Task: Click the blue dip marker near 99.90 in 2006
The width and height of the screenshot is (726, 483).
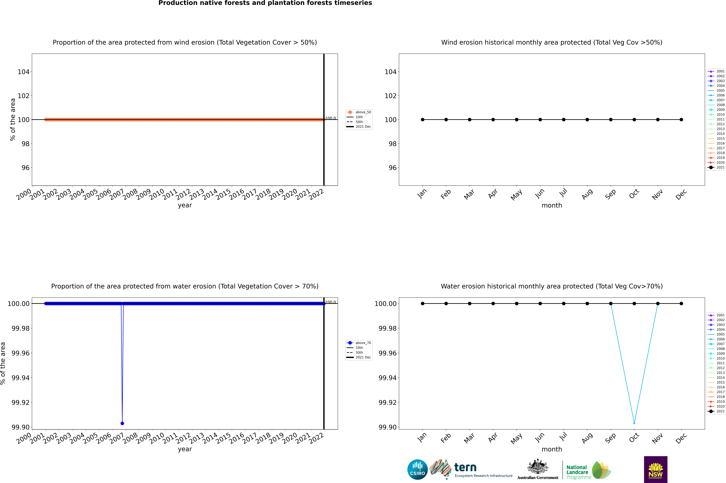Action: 122,423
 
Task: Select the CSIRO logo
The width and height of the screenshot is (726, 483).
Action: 417,469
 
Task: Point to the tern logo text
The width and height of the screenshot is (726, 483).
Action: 465,468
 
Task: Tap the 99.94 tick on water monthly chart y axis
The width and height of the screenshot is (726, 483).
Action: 387,378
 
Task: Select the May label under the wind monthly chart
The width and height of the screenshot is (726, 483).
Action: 516,195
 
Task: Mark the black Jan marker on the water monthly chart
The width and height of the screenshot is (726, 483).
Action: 423,303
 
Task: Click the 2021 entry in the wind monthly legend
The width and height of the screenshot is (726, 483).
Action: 716,167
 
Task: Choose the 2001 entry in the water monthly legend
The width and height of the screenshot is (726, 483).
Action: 716,315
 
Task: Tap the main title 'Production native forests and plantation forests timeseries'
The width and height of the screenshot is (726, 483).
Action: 265,3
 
